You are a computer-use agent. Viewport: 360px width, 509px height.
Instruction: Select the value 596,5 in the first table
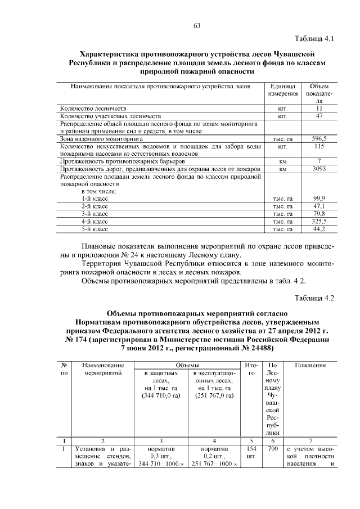pos(319,138)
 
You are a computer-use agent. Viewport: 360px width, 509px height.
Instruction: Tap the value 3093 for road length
pos(319,168)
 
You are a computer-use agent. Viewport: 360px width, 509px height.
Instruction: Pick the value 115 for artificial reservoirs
pos(319,146)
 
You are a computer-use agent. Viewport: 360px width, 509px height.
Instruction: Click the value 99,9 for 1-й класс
pos(319,199)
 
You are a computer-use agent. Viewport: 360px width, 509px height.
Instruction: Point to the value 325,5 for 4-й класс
pos(319,222)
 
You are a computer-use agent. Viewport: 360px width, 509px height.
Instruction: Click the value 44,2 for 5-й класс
pos(319,229)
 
